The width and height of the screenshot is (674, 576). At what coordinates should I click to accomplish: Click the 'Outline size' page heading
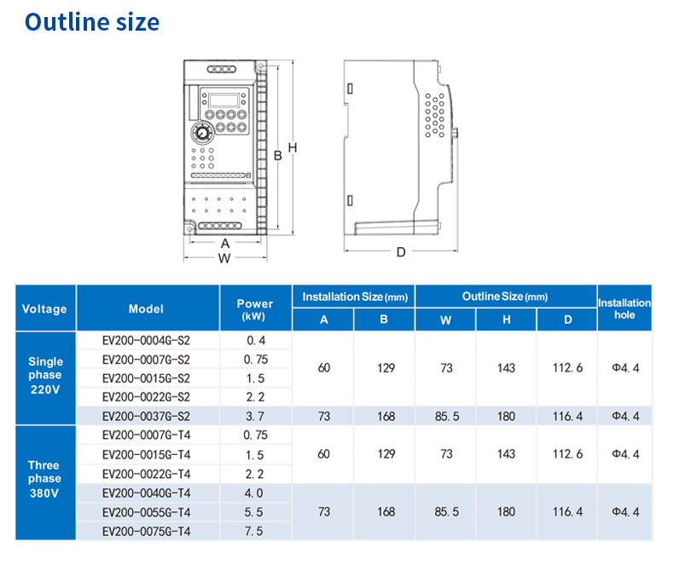[x=92, y=22]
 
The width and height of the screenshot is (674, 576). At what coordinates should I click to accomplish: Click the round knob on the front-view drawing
[x=201, y=133]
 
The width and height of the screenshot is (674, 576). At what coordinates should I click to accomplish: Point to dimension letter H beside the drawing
[x=293, y=147]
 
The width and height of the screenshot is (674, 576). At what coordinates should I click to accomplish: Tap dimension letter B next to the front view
[x=278, y=155]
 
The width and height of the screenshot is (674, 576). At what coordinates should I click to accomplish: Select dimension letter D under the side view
[x=401, y=252]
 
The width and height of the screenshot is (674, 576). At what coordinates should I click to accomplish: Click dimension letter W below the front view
[x=224, y=258]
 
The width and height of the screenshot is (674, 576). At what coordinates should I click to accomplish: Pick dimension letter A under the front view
[x=225, y=244]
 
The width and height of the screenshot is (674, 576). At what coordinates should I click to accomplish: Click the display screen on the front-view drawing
[x=224, y=101]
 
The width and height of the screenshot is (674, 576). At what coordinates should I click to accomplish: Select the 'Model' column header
[x=146, y=309]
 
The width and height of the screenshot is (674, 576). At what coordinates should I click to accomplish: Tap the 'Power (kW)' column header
[x=255, y=309]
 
